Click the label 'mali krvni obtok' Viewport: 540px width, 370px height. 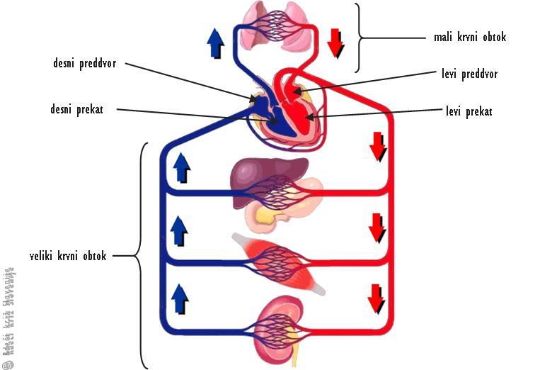tap(469, 37)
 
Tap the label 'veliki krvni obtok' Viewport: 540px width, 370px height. tap(69, 256)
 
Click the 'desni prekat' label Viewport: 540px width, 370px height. tap(77, 110)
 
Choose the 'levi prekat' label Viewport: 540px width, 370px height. tap(469, 111)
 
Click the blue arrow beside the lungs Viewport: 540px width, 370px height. tap(216, 44)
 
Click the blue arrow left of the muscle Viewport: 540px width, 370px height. tap(180, 230)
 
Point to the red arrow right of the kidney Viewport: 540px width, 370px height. tap(377, 298)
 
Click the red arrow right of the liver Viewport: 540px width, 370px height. tap(377, 147)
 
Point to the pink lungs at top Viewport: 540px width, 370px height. tap(277, 28)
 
